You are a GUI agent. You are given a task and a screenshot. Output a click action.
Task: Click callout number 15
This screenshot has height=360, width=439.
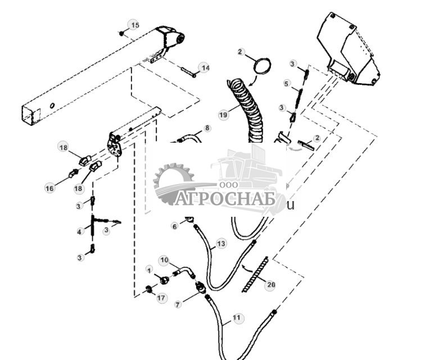coord(134,25)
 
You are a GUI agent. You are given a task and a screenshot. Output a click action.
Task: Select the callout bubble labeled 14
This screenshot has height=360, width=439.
coord(205,68)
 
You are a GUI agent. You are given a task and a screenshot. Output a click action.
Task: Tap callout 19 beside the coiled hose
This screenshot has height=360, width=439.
coord(223,115)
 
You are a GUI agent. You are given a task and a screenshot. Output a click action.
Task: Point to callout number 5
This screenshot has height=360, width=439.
coord(286,84)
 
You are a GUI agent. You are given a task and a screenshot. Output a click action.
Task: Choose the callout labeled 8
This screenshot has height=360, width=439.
coord(207,128)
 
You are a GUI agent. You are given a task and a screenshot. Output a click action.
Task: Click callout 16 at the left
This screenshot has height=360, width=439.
coord(50,188)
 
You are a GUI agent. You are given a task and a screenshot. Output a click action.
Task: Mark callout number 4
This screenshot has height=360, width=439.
coord(80,231)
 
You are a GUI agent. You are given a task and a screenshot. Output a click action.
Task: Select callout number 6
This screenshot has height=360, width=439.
coord(175,226)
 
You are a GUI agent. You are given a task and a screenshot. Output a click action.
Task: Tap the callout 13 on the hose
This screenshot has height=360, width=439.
coord(221,244)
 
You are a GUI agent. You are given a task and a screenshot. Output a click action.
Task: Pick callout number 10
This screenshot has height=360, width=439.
coord(164,260)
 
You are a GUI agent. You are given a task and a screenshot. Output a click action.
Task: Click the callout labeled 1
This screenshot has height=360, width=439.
coord(149,270)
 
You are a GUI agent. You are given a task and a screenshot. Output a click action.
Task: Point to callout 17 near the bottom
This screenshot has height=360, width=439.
coord(161,298)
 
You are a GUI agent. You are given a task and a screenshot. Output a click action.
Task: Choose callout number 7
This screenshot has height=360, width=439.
coord(178,304)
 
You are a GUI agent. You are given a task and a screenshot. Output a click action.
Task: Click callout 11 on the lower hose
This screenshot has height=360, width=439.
coord(237,318)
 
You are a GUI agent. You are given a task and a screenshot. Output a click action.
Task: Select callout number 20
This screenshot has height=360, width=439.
coord(271,285)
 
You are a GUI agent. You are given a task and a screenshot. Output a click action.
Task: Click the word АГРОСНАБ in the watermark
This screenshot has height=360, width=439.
coord(225,199)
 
